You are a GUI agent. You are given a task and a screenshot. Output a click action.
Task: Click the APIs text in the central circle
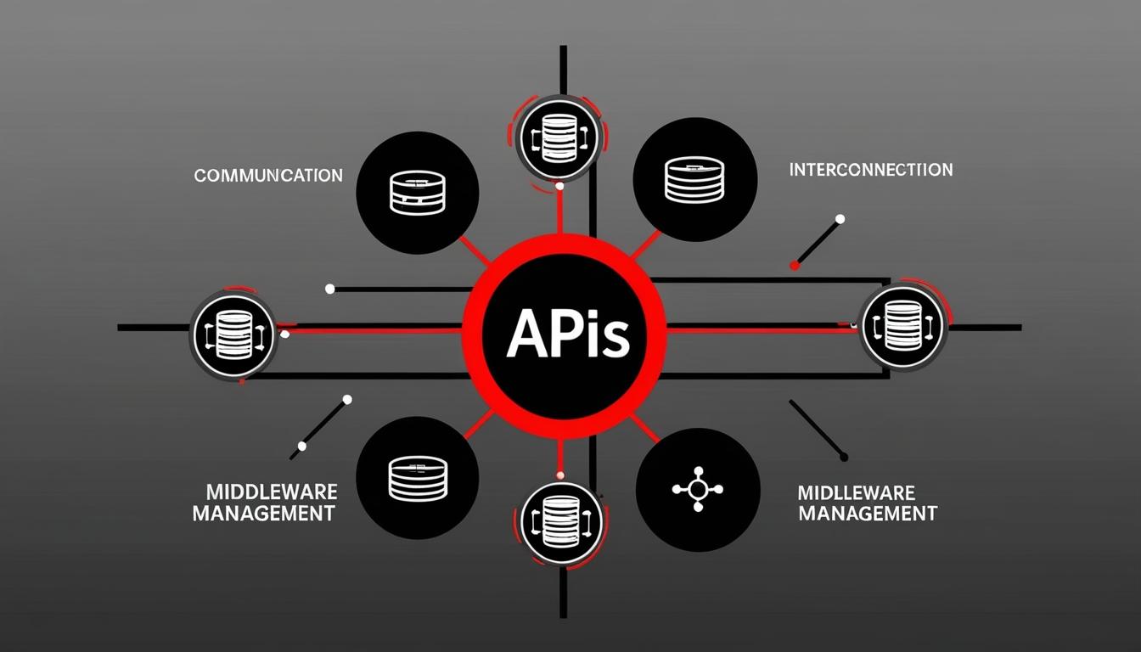[567, 335]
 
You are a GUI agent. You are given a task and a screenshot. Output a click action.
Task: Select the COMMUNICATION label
[268, 176]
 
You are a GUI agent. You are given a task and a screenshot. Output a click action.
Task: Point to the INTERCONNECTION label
[870, 170]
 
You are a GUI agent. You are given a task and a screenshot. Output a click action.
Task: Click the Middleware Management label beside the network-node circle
[867, 503]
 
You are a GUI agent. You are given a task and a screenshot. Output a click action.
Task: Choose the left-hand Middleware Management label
[263, 503]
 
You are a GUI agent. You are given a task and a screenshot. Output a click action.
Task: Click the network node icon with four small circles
[697, 489]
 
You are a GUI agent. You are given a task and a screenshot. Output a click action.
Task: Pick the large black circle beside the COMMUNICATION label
[418, 192]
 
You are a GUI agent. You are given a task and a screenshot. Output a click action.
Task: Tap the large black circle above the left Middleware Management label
[418, 480]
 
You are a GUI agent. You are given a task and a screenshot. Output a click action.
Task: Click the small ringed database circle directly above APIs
[559, 136]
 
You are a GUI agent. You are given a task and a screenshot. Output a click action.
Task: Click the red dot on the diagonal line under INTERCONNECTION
[795, 265]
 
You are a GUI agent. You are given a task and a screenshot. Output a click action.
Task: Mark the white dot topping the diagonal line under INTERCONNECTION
[840, 219]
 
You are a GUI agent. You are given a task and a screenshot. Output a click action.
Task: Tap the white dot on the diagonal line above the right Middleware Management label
[843, 457]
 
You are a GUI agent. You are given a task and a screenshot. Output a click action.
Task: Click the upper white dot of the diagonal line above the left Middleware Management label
[346, 399]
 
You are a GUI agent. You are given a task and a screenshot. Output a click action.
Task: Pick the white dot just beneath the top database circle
[559, 186]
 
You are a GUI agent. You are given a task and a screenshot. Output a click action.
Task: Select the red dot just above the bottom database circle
[559, 474]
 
